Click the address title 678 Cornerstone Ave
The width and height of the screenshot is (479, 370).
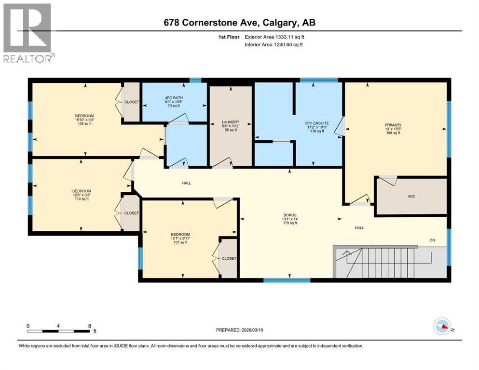coord(239,23)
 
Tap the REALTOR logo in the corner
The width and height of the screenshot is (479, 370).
coord(27,33)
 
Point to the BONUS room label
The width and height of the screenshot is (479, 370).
coord(289,214)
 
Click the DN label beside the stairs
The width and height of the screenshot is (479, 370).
coord(433,240)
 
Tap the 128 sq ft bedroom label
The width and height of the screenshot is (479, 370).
coord(84,119)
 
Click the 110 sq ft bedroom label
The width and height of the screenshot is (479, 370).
coord(82,195)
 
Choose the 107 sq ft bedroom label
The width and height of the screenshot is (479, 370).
coord(179,238)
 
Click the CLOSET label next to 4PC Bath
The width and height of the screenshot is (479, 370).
coord(132,102)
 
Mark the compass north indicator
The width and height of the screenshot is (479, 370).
coord(443,326)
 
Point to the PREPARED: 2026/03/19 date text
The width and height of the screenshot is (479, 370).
coord(239,330)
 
